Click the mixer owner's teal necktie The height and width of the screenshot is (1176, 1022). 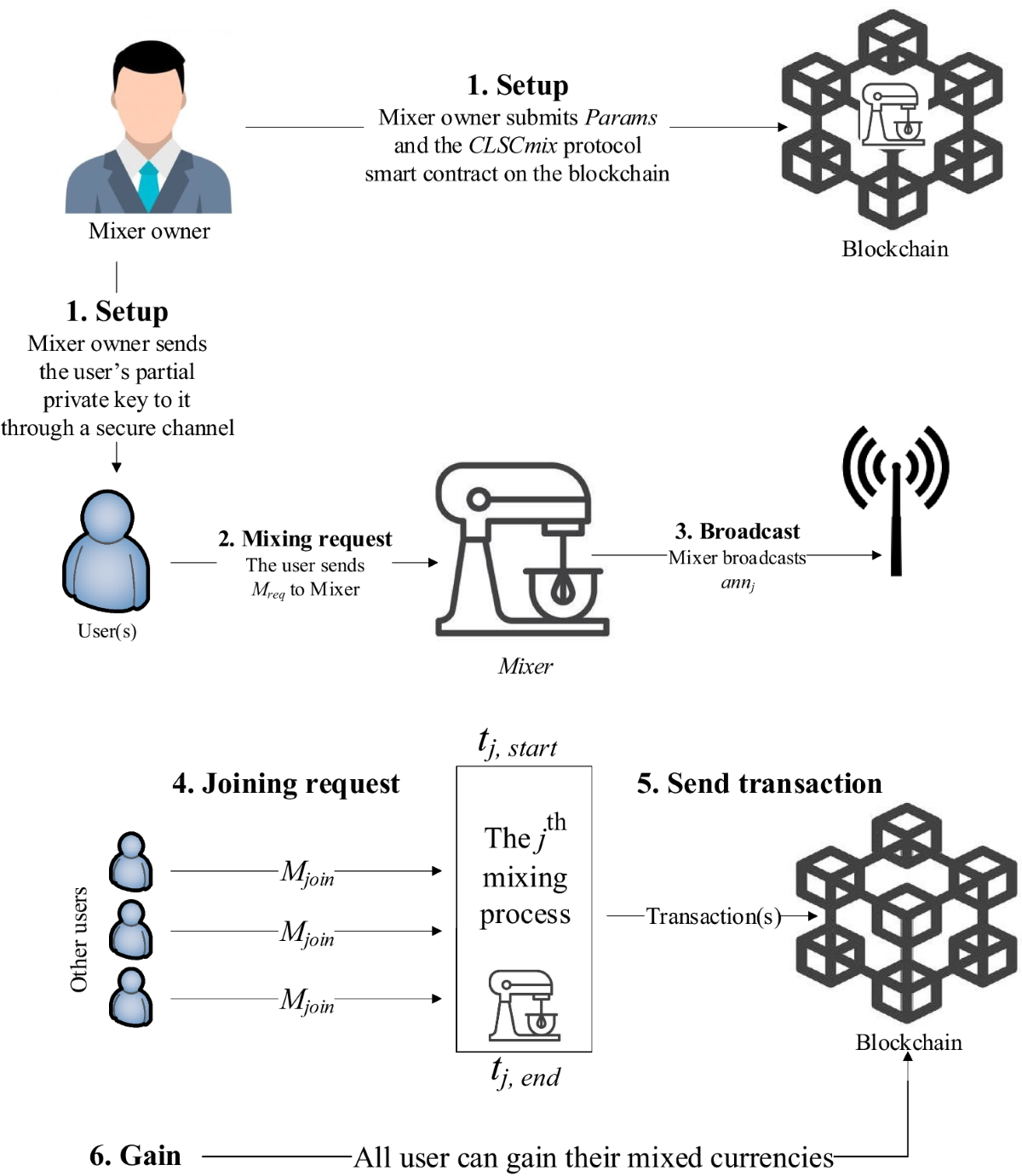(148, 183)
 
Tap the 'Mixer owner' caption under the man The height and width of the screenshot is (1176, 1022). (149, 231)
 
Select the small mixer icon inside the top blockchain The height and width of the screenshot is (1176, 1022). (891, 115)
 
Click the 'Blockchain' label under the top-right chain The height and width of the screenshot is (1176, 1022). (894, 249)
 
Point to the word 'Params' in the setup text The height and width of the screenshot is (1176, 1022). (621, 118)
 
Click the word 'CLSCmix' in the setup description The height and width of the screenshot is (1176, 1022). (512, 146)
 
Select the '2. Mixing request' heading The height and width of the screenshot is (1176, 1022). (305, 539)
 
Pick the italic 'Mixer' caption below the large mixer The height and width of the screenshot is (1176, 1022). (525, 666)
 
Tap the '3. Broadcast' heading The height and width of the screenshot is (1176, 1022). (737, 531)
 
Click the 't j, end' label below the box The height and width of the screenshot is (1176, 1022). (525, 1074)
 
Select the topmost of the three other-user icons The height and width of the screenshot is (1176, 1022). (131, 862)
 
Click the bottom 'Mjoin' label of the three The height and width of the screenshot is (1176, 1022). (307, 1001)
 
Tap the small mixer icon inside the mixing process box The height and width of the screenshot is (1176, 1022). (524, 1005)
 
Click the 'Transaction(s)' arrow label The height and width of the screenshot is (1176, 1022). (713, 916)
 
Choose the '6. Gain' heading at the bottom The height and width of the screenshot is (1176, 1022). (135, 1156)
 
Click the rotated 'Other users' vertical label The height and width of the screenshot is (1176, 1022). (78, 939)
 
